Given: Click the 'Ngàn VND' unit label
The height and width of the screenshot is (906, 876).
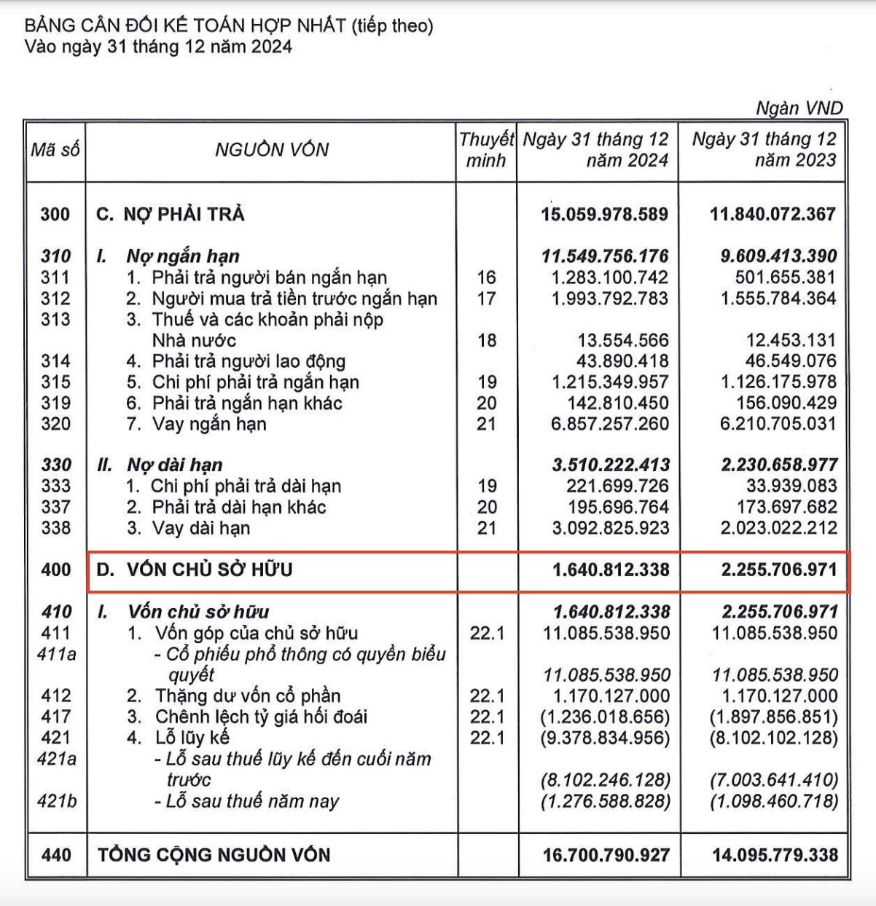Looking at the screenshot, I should point(799,109).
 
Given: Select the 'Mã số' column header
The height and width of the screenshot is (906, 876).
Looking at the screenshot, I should point(55,150).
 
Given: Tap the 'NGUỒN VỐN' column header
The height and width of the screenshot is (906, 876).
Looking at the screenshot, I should point(272,150).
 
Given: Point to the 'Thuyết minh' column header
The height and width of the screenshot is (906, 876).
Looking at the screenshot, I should point(486,150).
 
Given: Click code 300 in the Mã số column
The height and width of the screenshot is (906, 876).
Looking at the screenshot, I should point(55,214).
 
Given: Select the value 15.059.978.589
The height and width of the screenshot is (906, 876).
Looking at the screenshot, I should point(604,214).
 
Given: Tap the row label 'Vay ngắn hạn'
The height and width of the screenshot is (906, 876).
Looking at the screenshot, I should point(208,424).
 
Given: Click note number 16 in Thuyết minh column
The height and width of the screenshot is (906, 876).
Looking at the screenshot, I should point(486,277).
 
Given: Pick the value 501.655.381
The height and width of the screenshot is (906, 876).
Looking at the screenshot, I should point(786,277).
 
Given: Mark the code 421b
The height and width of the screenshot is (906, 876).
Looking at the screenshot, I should point(56,801).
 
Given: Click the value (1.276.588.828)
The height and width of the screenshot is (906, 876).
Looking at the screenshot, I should point(604,801).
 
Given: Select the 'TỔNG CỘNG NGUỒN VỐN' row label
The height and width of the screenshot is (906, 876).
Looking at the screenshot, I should point(214,855).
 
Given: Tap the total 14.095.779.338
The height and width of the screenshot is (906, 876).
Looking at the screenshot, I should point(775,855).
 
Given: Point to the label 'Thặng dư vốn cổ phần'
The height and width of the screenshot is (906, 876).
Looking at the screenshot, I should point(247,696).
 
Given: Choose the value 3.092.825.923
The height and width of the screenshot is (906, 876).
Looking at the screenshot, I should point(610,528).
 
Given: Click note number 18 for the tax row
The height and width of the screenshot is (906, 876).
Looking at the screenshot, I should point(486,340).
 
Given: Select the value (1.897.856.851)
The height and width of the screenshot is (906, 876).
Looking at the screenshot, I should point(773,717).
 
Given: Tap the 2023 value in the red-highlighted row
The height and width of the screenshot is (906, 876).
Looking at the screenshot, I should point(779,570).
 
